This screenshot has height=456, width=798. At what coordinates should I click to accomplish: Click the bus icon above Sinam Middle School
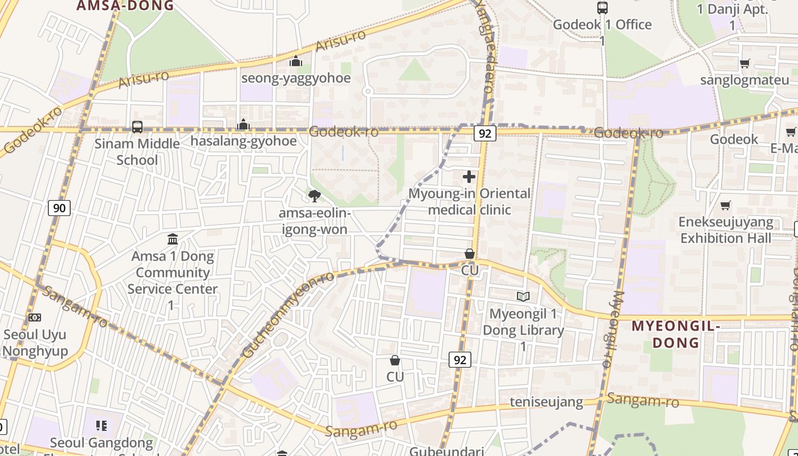coord(137,127)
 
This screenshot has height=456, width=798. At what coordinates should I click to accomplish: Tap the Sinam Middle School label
coord(137,152)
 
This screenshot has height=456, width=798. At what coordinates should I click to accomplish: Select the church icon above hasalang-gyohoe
coord(243,124)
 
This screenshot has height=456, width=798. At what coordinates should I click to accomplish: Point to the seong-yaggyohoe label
coord(296,78)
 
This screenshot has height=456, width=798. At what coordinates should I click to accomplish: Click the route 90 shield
coord(59,208)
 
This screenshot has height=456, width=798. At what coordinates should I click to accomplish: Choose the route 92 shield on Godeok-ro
coord(485,133)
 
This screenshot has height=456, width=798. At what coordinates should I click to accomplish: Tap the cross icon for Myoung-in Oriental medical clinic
coord(469,177)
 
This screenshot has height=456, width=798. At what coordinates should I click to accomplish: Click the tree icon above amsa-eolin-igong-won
coord(314,196)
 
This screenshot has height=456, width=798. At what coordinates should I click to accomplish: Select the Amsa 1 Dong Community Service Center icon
coord(173,239)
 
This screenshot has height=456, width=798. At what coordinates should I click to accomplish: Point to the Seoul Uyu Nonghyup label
coord(35,343)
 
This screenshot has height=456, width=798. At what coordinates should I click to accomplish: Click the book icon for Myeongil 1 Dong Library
coord(523,296)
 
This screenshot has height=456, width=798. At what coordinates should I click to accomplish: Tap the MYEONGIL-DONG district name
coord(675,334)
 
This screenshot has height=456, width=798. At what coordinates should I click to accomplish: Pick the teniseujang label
coord(546,402)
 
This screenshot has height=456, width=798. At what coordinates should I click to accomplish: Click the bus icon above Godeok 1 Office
coord(602,8)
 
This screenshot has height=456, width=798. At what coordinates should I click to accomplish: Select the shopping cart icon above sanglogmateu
coord(744,63)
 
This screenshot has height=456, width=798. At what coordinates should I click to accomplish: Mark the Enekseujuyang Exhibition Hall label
coord(726,230)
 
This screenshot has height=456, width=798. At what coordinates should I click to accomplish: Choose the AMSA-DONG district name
coord(125,6)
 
